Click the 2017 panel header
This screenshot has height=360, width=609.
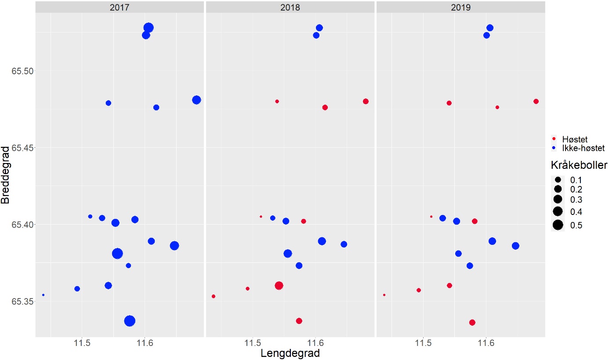click(120, 7)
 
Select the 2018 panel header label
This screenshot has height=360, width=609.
click(290, 7)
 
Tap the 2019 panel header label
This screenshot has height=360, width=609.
click(460, 7)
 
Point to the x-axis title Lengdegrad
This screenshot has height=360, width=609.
click(290, 353)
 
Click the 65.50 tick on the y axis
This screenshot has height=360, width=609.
click(22, 71)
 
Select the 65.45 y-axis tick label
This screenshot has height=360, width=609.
click(22, 147)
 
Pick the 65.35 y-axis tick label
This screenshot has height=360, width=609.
click(22, 302)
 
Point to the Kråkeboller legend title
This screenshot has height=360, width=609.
click(580, 165)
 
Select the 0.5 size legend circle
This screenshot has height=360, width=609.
click(558, 225)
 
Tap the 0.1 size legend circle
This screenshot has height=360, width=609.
click(558, 180)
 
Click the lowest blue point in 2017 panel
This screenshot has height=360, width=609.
click(130, 321)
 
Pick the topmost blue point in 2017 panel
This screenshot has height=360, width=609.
click(149, 28)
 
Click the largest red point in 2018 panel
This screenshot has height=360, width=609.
click(279, 286)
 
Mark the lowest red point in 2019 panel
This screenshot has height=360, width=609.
click(472, 323)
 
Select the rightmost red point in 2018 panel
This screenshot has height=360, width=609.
click(366, 101)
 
